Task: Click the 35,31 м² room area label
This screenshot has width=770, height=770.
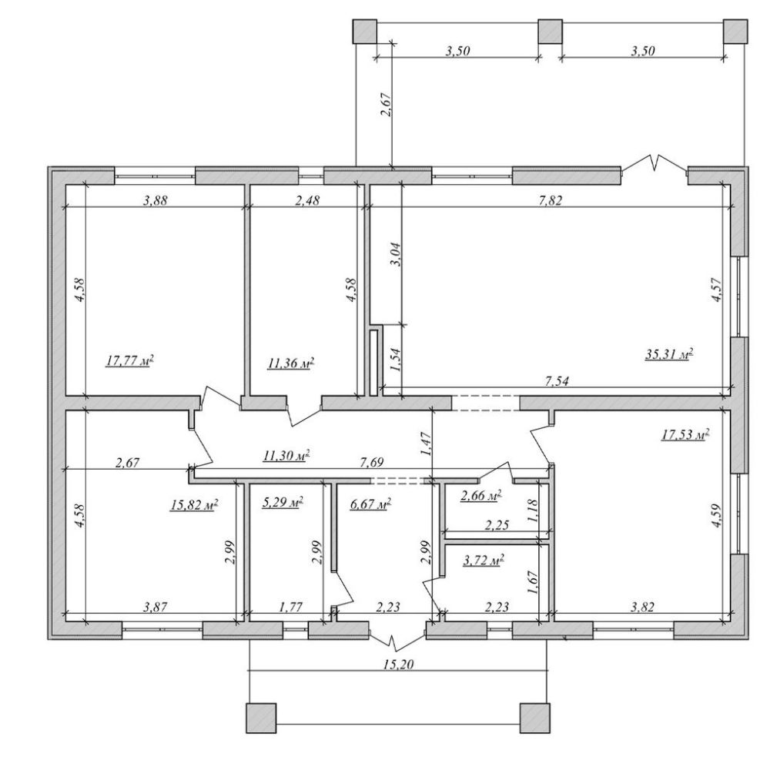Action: [x=669, y=354]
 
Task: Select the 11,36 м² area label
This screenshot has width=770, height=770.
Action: [x=291, y=363]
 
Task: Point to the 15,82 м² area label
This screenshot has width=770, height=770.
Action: [x=194, y=505]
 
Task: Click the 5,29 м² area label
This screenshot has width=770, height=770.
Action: [x=283, y=502]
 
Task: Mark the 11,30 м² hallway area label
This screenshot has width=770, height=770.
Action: [x=286, y=455]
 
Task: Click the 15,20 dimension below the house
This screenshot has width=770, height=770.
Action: [x=398, y=665]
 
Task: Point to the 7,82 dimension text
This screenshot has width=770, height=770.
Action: [x=550, y=200]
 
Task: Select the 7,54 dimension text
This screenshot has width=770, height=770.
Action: [x=557, y=381]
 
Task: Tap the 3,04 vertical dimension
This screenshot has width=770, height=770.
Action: [x=395, y=254]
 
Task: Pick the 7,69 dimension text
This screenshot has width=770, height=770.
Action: [x=371, y=462]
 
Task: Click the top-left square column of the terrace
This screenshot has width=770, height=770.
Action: [x=365, y=32]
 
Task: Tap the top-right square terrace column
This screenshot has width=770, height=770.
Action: [x=735, y=32]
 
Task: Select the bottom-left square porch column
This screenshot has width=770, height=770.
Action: [x=261, y=718]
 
